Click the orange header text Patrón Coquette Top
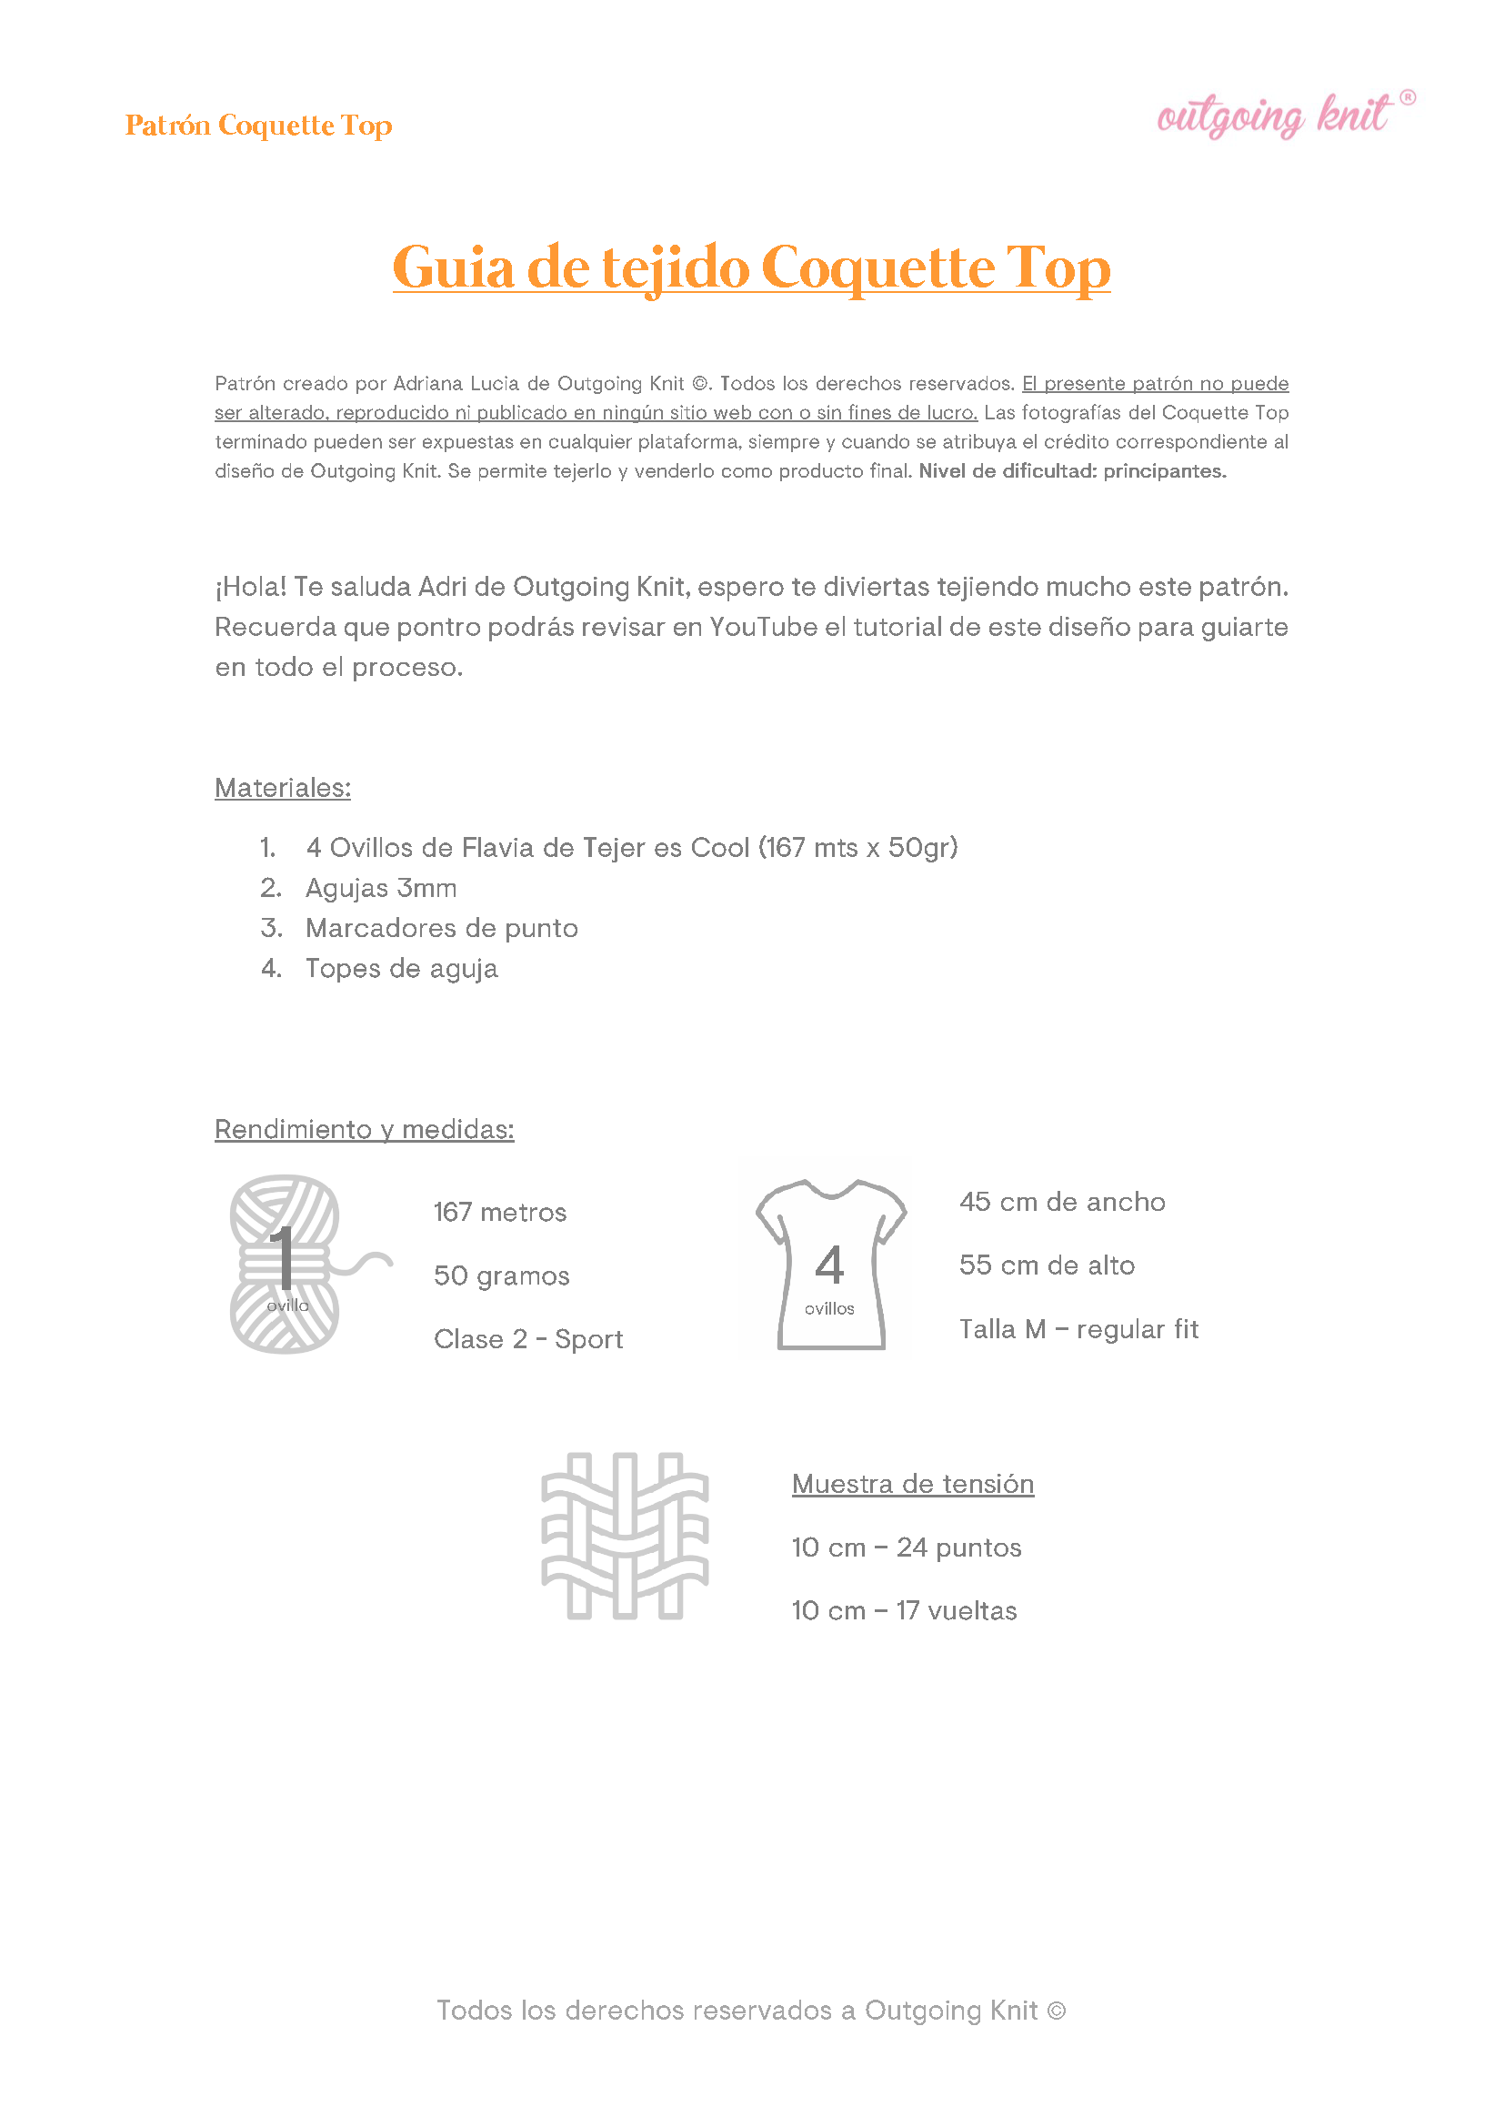coord(258,125)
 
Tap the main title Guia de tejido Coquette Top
coord(751,267)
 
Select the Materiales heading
coord(283,788)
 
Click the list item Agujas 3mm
coord(381,888)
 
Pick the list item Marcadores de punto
coord(441,927)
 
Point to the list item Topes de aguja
coord(401,968)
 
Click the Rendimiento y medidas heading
coord(364,1128)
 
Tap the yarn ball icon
coord(287,1264)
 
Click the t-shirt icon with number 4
coord(830,1265)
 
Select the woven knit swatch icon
coord(624,1535)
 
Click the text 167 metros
coord(499,1212)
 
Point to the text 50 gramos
coord(501,1275)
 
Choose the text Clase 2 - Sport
coord(528,1339)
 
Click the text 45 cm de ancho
coord(1061,1202)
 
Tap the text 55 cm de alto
coord(1047,1265)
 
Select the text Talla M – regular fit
coord(1078,1328)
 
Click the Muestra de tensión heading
coord(912,1483)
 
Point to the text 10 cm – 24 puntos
coord(906,1547)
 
